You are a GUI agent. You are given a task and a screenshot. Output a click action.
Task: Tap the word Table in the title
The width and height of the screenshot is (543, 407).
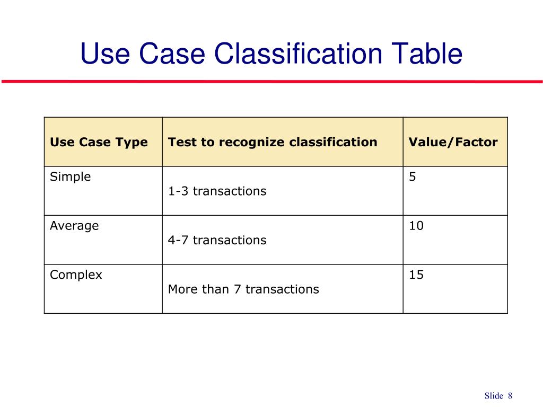(x=427, y=54)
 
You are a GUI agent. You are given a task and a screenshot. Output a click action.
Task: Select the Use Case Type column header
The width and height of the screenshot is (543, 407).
(x=99, y=142)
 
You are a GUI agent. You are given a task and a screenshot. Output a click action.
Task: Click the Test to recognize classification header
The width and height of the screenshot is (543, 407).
(x=273, y=142)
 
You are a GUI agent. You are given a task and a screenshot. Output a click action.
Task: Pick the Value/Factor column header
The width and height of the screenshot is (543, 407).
(x=453, y=142)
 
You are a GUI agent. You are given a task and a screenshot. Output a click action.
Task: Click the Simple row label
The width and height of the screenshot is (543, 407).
(x=71, y=177)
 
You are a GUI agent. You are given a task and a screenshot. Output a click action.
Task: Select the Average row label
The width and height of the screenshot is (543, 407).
(x=74, y=226)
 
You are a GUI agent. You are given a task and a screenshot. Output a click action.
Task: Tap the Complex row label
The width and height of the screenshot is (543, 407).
(x=76, y=275)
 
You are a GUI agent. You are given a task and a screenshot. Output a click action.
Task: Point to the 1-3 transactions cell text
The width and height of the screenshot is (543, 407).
(x=217, y=191)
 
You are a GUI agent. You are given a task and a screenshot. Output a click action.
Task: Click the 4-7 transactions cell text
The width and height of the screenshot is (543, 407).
(x=217, y=240)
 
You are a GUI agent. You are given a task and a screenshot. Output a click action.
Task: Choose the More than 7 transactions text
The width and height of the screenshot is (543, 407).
(x=243, y=289)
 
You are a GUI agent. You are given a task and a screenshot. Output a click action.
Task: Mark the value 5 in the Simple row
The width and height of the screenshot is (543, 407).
(x=412, y=177)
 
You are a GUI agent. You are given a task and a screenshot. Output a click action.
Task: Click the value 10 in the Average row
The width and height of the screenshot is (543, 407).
(x=416, y=226)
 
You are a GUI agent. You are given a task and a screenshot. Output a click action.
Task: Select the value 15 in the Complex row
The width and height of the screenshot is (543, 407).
(x=416, y=275)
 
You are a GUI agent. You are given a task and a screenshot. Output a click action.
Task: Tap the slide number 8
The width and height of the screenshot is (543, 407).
(x=510, y=396)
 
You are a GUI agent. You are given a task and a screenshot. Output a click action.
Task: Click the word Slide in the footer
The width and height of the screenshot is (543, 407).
(x=493, y=396)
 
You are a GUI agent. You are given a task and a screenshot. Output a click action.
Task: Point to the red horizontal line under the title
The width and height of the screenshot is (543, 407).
(x=271, y=82)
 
